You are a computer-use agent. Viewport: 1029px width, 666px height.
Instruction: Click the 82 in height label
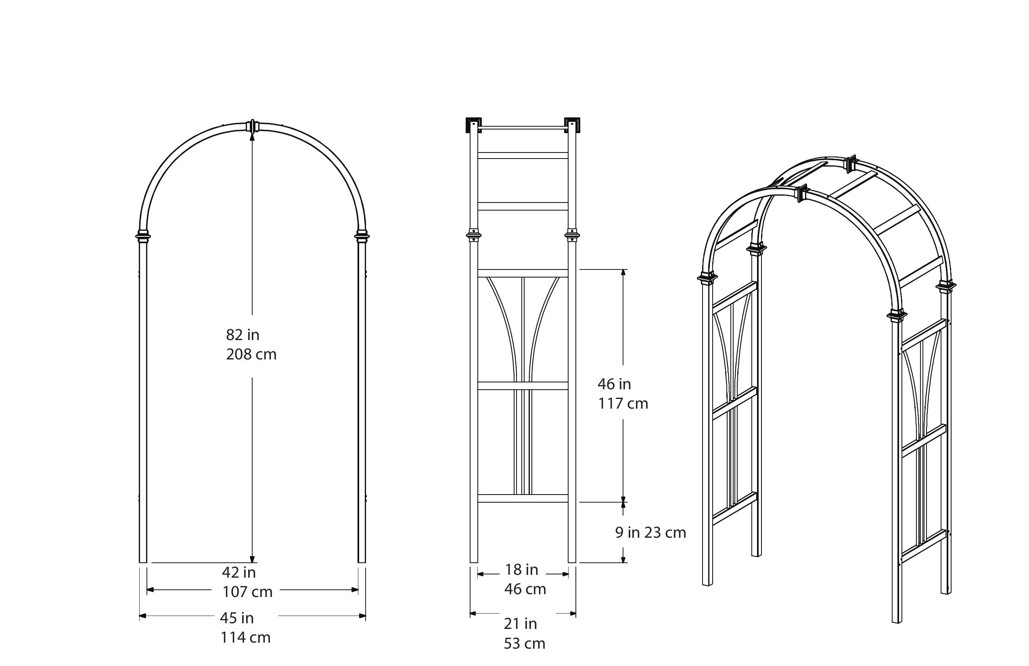pyautogui.click(x=243, y=334)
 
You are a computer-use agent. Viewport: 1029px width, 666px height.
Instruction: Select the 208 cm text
pyautogui.click(x=251, y=355)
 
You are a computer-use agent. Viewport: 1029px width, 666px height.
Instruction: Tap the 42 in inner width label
pyautogui.click(x=238, y=572)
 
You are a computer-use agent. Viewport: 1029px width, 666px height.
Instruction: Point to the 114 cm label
pyautogui.click(x=245, y=637)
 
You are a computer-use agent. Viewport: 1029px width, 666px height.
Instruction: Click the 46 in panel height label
pyautogui.click(x=614, y=384)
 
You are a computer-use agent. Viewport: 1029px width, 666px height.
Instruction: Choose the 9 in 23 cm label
pyautogui.click(x=650, y=532)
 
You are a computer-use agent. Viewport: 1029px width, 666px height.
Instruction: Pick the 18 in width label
pyautogui.click(x=521, y=570)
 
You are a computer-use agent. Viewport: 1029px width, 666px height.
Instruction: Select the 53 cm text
pyautogui.click(x=524, y=643)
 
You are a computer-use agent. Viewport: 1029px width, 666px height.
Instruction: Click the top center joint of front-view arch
pyautogui.click(x=253, y=126)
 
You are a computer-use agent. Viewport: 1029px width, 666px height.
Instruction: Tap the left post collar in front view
pyautogui.click(x=144, y=236)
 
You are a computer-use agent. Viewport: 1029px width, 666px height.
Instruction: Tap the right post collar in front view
pyautogui.click(x=362, y=236)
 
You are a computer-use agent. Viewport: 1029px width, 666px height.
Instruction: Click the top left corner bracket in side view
pyautogui.click(x=473, y=125)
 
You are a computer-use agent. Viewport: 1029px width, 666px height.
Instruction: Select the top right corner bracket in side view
pyautogui.click(x=572, y=125)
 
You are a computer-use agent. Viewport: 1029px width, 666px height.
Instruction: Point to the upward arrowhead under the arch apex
pyautogui.click(x=253, y=136)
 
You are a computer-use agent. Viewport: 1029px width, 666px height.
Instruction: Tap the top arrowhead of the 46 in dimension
pyautogui.click(x=623, y=272)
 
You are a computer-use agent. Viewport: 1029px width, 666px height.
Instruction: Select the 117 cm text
pyautogui.click(x=623, y=404)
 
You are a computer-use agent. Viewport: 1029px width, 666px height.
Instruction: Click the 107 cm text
pyautogui.click(x=247, y=592)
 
